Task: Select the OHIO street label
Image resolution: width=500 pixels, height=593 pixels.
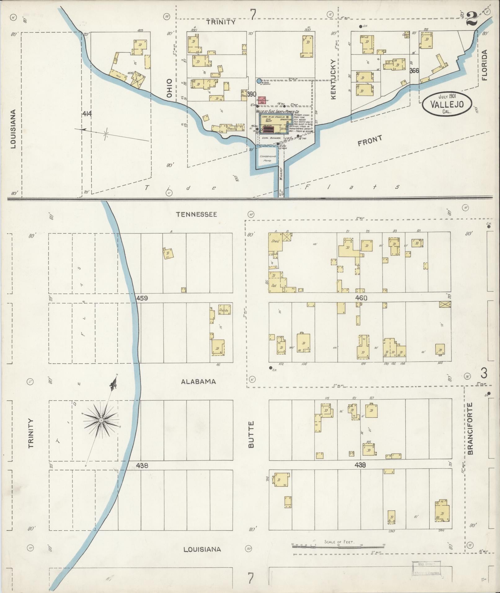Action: [169, 88]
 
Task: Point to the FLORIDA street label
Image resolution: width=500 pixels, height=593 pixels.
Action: [485, 65]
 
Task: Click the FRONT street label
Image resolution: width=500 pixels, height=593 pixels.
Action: [370, 141]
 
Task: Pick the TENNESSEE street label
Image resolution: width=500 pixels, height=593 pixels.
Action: [196, 214]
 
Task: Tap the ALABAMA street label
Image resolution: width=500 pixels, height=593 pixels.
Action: [198, 382]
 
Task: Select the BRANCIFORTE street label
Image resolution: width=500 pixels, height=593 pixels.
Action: [470, 428]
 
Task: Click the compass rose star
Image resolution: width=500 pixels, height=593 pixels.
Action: [101, 420]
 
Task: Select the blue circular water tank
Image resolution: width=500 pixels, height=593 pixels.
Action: [259, 81]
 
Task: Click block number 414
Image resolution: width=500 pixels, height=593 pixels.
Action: [87, 114]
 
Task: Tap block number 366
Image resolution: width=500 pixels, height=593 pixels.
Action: [414, 71]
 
